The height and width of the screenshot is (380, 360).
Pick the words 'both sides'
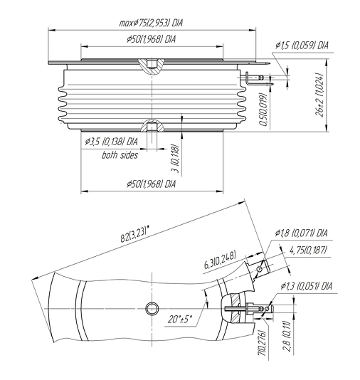point(120,155)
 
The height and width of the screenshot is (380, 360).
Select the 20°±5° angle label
point(180,319)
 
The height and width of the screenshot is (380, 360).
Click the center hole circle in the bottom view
point(152,309)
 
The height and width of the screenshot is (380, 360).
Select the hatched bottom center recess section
point(152,125)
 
